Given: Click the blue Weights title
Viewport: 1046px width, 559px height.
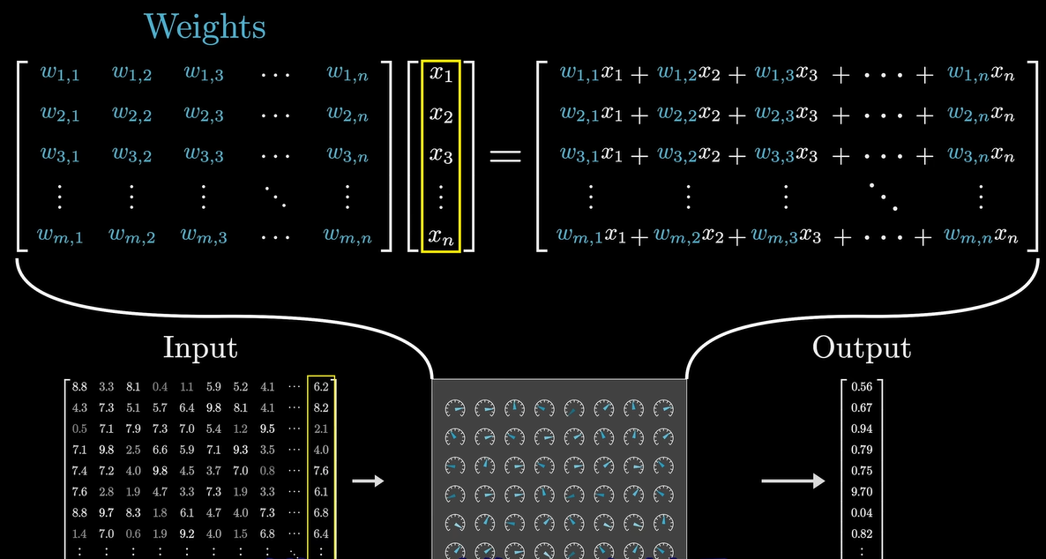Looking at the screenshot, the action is click(x=205, y=26).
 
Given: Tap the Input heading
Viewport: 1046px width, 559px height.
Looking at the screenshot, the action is click(x=200, y=347).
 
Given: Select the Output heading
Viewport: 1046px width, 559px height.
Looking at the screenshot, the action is click(x=861, y=347).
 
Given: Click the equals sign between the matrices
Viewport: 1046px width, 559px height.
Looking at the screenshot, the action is click(x=504, y=156).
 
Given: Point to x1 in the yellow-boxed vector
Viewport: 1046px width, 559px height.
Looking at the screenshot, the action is click(x=440, y=74).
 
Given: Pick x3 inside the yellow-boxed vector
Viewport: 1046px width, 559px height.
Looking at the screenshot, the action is click(x=440, y=155).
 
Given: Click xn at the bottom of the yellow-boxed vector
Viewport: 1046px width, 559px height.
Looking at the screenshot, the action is click(x=440, y=235).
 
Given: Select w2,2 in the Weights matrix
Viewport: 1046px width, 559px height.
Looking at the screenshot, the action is click(x=131, y=115).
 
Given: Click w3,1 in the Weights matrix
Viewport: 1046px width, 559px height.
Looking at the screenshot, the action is click(x=60, y=155).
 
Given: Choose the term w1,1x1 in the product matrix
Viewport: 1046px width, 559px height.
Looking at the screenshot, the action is click(x=591, y=74).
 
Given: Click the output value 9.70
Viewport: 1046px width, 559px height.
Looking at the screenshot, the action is click(x=862, y=492).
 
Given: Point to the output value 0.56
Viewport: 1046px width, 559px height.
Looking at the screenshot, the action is click(x=862, y=387).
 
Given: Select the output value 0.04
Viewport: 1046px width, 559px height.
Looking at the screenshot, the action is click(x=862, y=513).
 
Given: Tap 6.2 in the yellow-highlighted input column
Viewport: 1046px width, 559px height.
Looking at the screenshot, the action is click(x=321, y=386).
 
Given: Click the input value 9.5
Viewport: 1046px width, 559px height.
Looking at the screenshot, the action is click(x=268, y=429).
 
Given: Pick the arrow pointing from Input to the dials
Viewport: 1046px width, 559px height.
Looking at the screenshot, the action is click(x=368, y=481).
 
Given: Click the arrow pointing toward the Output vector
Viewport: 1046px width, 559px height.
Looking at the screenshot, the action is click(x=793, y=481).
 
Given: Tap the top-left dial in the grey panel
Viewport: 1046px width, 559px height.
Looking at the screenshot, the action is click(x=455, y=408).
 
